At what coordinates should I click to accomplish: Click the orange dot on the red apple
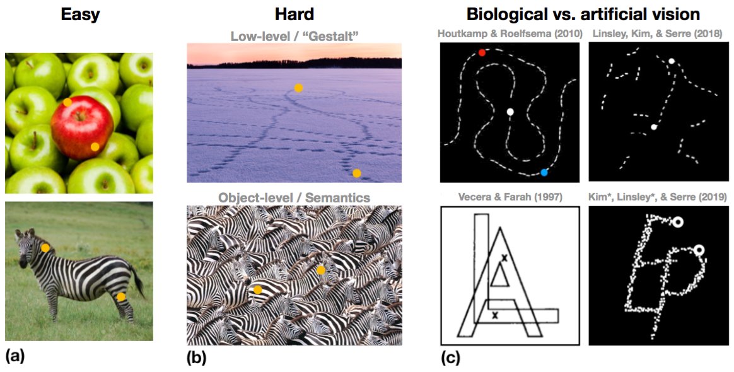(x=95, y=146)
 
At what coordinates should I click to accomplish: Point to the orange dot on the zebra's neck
(x=45, y=248)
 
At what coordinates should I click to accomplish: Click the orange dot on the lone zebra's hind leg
(x=120, y=296)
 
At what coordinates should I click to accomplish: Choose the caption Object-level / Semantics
(x=294, y=197)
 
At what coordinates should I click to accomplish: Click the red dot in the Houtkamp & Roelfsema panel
(x=482, y=53)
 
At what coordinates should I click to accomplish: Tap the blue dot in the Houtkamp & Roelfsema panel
(x=544, y=172)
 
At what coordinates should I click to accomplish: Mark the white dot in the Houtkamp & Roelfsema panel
(x=510, y=112)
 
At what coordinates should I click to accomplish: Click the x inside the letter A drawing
(x=504, y=257)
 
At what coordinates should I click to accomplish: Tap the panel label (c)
(x=450, y=358)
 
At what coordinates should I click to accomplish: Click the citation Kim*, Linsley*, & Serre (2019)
(x=656, y=197)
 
